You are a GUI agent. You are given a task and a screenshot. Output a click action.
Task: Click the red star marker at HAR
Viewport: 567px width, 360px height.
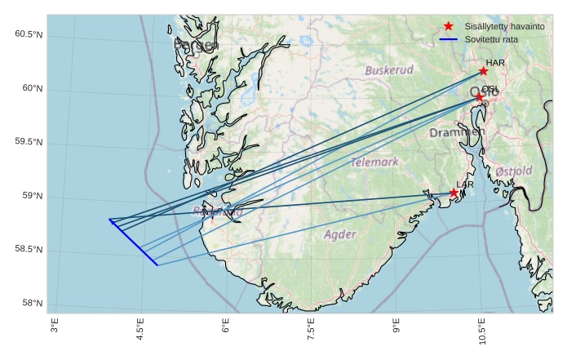[x=484, y=71]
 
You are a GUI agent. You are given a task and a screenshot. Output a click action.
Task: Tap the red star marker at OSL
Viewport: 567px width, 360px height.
[x=480, y=97]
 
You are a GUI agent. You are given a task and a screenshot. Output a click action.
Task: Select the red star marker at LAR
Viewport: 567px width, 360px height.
[x=454, y=193]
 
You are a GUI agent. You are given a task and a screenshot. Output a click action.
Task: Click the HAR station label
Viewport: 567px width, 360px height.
[x=495, y=62]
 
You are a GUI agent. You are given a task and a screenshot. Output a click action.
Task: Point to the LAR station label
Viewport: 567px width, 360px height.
[x=465, y=185]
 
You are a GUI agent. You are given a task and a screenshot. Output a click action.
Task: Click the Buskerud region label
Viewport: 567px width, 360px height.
[x=389, y=71]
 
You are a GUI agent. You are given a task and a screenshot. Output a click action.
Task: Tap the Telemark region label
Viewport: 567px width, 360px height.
[x=374, y=162]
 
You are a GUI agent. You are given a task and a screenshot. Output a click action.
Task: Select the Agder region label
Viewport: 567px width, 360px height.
[x=339, y=235]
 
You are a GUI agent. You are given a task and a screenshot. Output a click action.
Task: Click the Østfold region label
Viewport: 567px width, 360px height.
[x=513, y=171]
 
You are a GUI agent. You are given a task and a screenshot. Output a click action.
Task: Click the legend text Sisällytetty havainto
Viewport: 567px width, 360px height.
[x=504, y=27]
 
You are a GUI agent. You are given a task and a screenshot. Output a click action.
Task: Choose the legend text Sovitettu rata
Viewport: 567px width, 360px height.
[x=491, y=39]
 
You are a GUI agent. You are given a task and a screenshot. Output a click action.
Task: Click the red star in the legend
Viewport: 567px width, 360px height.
[x=448, y=27]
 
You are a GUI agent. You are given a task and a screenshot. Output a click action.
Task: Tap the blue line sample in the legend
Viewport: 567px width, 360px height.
[x=448, y=39]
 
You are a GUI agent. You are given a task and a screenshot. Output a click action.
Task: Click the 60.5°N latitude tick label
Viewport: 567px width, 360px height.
[x=29, y=34]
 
